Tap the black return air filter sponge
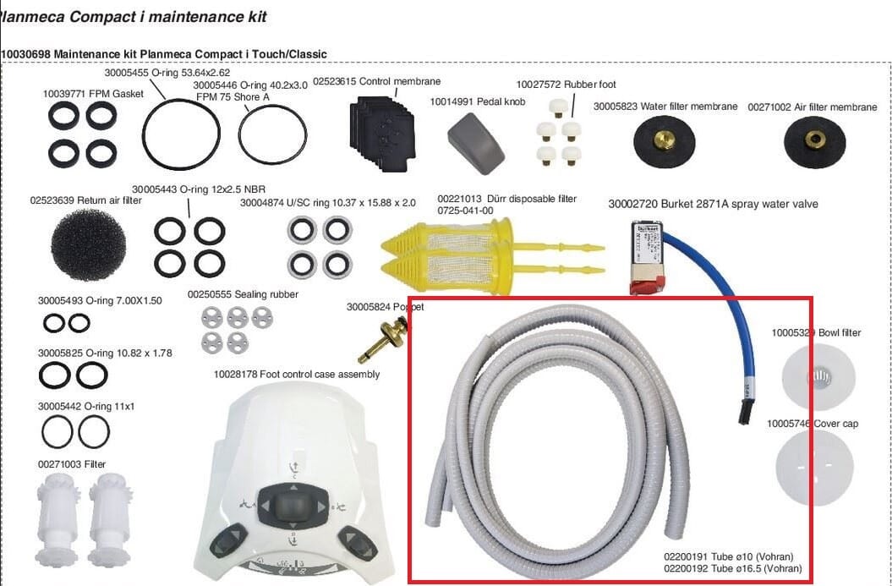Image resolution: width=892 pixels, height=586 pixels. [88, 244]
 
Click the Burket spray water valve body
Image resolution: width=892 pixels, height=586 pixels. [648, 253]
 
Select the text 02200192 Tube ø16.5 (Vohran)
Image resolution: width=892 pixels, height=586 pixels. [733, 568]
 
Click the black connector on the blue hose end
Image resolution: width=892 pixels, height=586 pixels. [745, 411]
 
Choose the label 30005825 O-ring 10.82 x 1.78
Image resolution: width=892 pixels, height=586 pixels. [105, 353]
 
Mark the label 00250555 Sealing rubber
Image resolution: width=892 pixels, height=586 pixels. [243, 294]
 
